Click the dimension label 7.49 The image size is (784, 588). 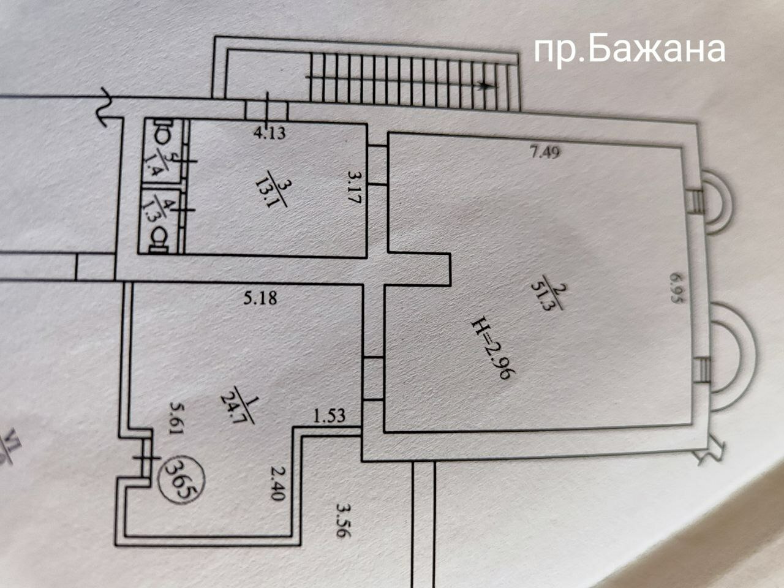pyautogui.click(x=546, y=153)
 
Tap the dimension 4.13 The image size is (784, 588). pyautogui.click(x=269, y=133)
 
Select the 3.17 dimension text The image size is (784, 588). pyautogui.click(x=355, y=187)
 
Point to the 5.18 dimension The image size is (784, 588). pyautogui.click(x=260, y=298)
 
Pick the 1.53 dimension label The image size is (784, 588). pyautogui.click(x=329, y=415)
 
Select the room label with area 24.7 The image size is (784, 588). pyautogui.click(x=238, y=406)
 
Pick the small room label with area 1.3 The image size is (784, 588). pyautogui.click(x=162, y=211)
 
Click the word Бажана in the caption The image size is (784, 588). pyautogui.click(x=657, y=51)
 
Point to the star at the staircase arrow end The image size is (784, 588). pyautogui.click(x=484, y=85)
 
